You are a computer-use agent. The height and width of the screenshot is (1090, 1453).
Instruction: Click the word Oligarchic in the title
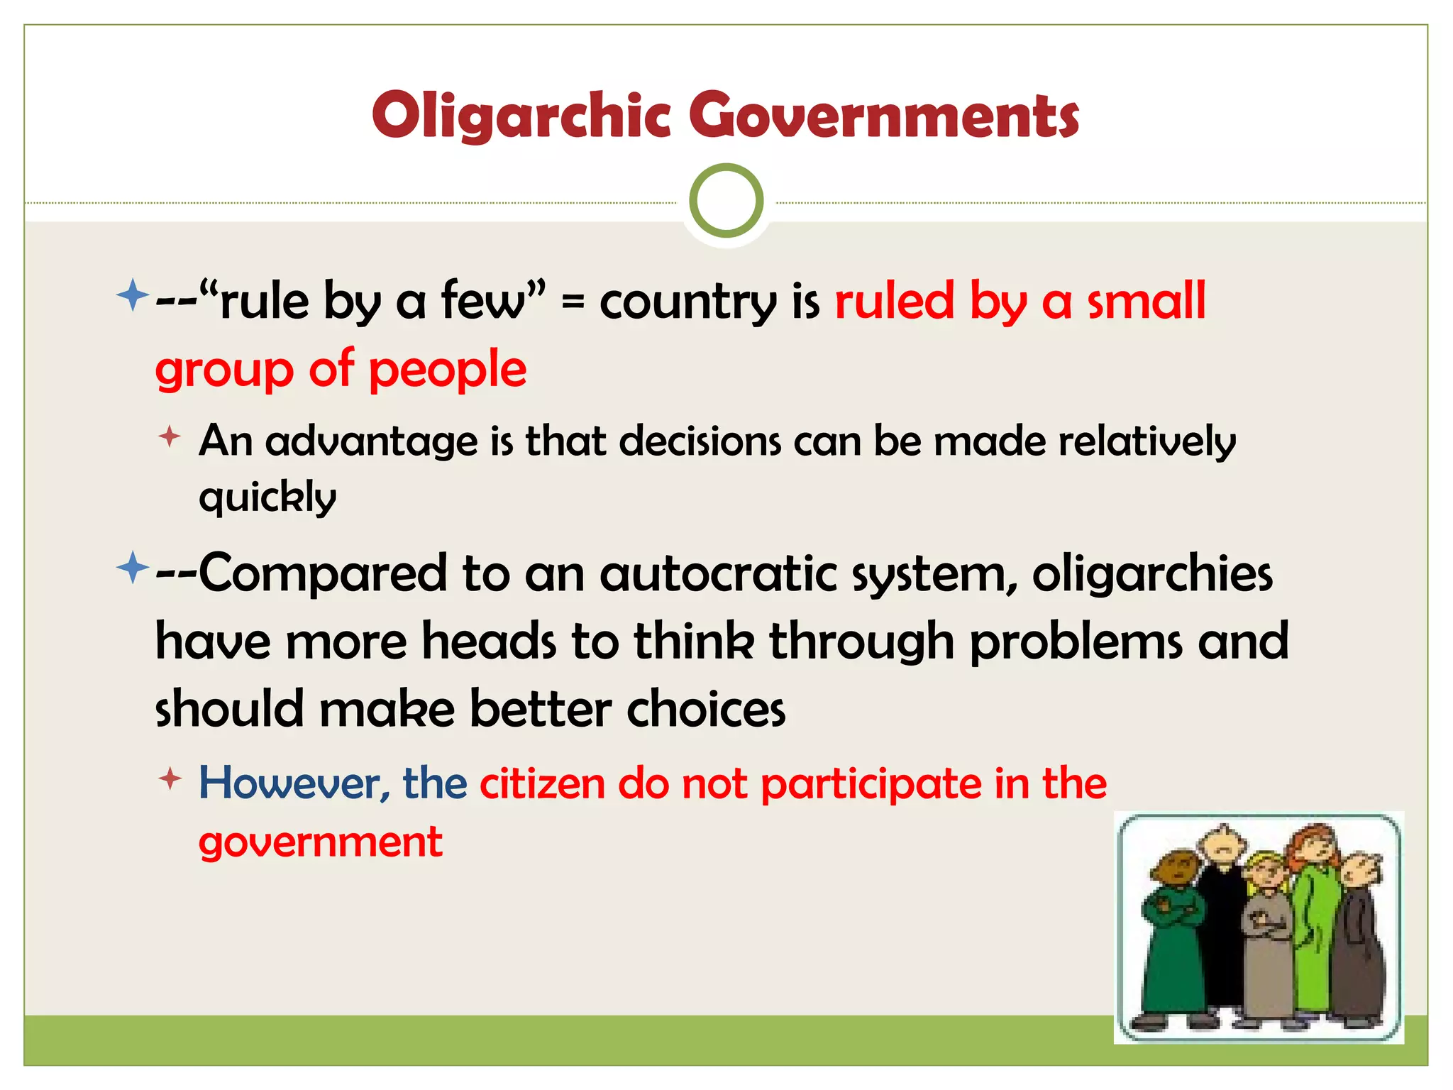tap(521, 116)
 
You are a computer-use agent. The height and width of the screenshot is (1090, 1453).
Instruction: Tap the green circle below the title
tap(726, 201)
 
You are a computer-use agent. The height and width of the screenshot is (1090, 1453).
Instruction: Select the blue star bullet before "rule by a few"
tap(133, 294)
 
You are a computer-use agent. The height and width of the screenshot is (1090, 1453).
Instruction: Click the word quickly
tap(267, 497)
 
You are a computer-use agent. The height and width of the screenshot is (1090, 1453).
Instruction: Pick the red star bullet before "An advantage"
tap(170, 436)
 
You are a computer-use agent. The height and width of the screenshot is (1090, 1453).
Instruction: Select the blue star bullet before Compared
tap(133, 568)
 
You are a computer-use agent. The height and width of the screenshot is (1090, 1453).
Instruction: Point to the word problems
tap(1076, 642)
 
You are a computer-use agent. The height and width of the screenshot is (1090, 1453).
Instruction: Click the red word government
tap(321, 843)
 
